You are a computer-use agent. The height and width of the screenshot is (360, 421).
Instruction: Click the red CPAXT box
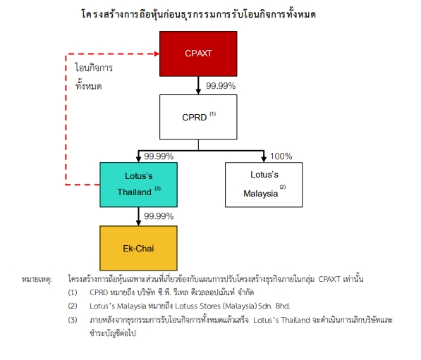click(x=198, y=54)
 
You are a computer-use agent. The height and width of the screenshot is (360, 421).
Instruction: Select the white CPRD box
click(x=198, y=117)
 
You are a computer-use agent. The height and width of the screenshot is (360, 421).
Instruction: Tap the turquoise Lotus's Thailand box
click(x=138, y=185)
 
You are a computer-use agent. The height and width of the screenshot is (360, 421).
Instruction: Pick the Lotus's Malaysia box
click(x=264, y=185)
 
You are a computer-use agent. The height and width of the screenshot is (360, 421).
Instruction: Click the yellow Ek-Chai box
click(x=138, y=248)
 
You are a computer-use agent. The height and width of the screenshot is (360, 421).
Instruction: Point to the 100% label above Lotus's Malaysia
click(x=281, y=156)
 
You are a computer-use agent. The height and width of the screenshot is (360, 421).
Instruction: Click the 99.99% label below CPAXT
click(x=221, y=86)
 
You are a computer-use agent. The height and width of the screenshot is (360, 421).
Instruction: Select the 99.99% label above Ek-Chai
click(x=159, y=216)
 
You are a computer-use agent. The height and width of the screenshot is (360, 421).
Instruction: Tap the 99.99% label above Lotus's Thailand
click(x=159, y=156)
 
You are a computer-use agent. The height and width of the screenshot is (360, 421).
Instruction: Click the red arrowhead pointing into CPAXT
click(x=157, y=54)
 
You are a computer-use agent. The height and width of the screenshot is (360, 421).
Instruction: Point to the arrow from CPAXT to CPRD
click(x=198, y=85)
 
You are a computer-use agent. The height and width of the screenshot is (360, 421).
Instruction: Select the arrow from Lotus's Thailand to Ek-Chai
click(x=138, y=216)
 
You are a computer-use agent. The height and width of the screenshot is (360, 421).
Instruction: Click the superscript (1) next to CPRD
click(x=213, y=113)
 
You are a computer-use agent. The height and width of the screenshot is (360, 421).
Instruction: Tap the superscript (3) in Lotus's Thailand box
click(x=157, y=188)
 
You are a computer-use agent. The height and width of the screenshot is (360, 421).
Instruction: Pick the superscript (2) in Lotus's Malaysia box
click(x=283, y=187)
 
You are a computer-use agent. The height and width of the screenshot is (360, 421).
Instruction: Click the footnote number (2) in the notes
click(x=73, y=306)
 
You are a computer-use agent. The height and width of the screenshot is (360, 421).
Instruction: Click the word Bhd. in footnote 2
click(x=283, y=306)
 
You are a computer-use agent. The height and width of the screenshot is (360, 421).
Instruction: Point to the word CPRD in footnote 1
click(x=99, y=292)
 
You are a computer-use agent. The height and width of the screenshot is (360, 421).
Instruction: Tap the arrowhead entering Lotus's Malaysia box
click(x=264, y=159)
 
